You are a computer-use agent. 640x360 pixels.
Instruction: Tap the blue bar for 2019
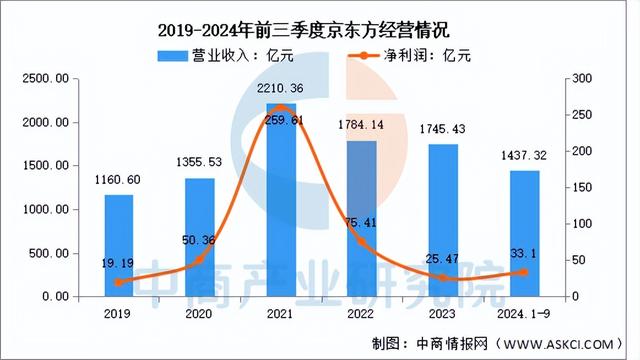tap(119, 245)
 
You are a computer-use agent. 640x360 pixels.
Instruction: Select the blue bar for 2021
tap(281, 200)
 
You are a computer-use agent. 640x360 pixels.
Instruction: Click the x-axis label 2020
tap(200, 312)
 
